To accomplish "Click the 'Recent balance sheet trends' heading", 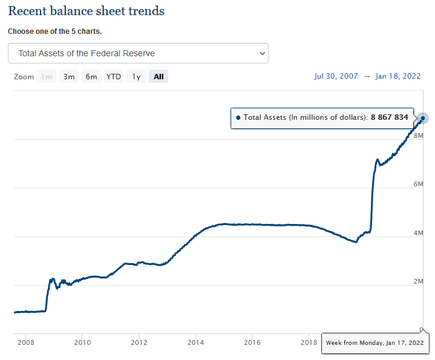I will [86, 11].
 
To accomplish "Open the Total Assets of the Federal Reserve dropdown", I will [138, 53].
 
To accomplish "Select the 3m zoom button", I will [69, 77].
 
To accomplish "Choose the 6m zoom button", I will [91, 77].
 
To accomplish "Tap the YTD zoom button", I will [113, 77].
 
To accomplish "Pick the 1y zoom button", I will [137, 77].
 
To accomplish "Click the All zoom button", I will [159, 77].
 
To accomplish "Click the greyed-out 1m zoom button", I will [47, 77].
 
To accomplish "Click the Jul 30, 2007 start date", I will [336, 76].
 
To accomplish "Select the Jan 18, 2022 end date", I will [398, 76].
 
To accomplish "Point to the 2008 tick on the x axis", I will [25, 342].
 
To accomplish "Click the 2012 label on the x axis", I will [139, 342].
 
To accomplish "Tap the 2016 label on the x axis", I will [252, 342].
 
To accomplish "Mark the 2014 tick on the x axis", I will [195, 342].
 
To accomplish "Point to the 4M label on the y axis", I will [417, 232].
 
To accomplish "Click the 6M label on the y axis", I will [417, 184].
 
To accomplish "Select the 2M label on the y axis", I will [417, 281].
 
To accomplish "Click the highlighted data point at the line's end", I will [423, 118].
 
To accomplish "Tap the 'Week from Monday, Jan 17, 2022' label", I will [375, 343].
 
